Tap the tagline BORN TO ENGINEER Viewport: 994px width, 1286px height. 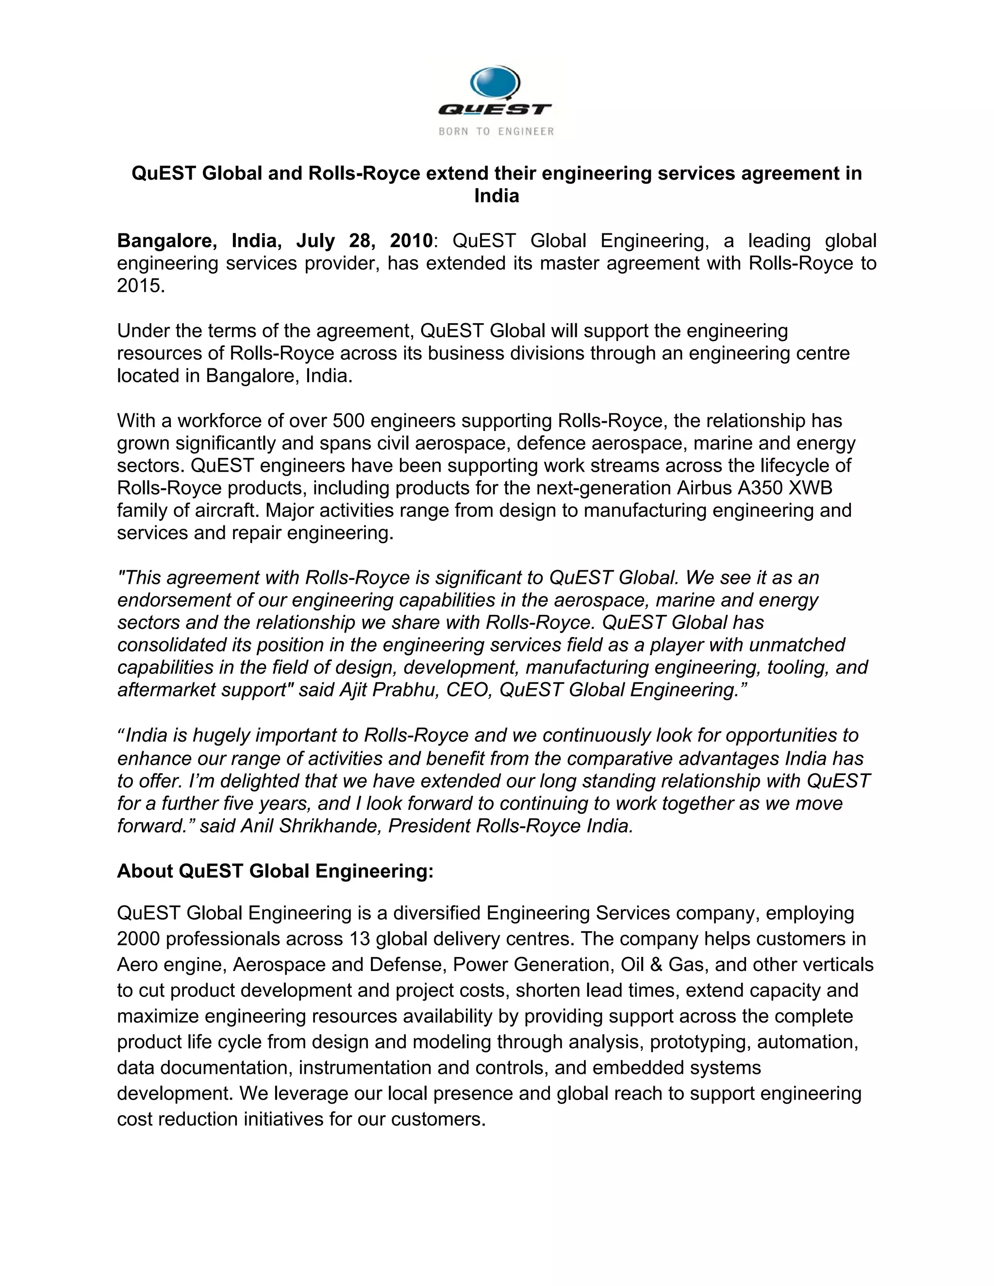[497, 132]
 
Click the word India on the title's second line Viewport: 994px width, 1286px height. [497, 196]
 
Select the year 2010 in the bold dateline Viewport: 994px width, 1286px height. [411, 241]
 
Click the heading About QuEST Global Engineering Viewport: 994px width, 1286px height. [275, 871]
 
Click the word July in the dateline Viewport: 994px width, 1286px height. [317, 241]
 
